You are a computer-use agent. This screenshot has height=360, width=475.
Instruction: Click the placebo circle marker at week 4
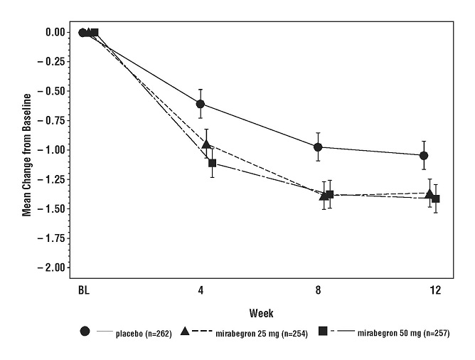[201, 104]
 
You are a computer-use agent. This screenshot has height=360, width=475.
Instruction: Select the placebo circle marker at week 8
[318, 147]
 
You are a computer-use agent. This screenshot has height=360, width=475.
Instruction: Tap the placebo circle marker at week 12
[424, 155]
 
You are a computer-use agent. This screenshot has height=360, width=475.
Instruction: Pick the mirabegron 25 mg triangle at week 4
[206, 144]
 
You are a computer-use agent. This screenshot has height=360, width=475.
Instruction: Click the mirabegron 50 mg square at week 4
[212, 163]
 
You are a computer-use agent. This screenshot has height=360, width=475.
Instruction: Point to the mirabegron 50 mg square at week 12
[436, 198]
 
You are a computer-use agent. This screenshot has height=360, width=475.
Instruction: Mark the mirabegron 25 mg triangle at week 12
[429, 194]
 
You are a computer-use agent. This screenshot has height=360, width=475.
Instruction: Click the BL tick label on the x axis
[83, 290]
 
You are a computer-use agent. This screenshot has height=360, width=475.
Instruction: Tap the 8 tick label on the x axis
[318, 290]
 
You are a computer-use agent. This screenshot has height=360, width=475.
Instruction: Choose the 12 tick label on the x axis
[435, 290]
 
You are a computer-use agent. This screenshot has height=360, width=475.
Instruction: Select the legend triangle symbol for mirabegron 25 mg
[186, 332]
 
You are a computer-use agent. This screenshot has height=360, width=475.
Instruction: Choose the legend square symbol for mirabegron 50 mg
[322, 332]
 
